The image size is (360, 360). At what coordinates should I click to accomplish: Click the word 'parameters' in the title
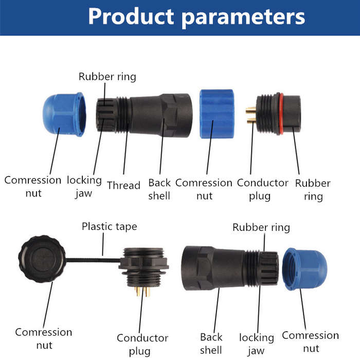coord(243,17)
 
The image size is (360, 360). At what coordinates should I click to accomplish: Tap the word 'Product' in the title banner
coord(131,16)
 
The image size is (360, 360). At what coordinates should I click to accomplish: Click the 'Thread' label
coord(123,185)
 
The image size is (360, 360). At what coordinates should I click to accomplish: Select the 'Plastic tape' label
coord(110,227)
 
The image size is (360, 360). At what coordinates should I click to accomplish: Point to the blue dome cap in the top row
coord(64,114)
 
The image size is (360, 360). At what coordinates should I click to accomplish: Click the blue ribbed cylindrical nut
coord(217,114)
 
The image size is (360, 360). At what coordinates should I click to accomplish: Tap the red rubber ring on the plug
coord(281,114)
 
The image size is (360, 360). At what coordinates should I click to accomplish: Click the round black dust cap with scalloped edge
coord(42,259)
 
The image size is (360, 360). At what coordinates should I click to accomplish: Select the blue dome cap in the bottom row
coord(304,269)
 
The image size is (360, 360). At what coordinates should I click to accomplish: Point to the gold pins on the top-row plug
coord(251,115)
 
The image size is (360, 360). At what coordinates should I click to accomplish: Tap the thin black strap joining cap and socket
coord(93,260)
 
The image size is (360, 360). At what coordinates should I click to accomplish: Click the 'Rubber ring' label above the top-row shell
coord(107,77)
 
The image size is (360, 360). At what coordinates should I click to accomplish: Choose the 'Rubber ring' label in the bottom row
coord(261,227)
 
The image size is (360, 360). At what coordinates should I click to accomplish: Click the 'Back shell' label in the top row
coord(159,189)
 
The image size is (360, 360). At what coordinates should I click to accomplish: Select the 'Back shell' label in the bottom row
coord(211,344)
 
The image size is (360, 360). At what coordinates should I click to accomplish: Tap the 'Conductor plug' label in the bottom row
coord(142,345)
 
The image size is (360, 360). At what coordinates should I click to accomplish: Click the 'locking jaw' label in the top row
coord(84,187)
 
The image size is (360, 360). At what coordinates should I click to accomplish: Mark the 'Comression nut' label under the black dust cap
coord(44,338)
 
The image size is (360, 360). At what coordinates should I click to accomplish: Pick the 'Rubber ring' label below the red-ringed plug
coord(313,190)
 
